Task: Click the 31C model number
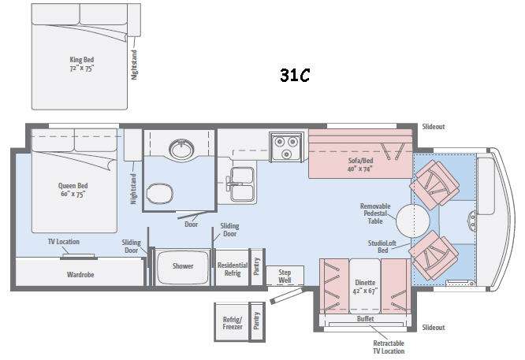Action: pos(295,76)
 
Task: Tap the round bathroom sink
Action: pos(181,149)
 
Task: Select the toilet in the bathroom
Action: pos(160,193)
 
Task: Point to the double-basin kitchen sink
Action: pos(242,184)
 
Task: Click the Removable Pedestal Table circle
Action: pos(412,220)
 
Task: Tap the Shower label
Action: pos(183,266)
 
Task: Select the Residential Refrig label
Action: pos(233,269)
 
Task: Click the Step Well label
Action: pos(285,276)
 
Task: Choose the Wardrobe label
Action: pos(80,275)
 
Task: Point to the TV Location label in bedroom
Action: pos(64,242)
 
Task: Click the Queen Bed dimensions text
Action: pos(73,194)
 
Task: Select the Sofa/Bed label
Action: pos(360,161)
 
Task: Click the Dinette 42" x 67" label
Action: pos(365,287)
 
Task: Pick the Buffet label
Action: pos(365,318)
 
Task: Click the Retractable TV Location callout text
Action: pos(389,347)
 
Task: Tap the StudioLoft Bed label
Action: pos(382,247)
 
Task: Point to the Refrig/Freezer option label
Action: pos(233,323)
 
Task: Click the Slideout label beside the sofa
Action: pos(434,127)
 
